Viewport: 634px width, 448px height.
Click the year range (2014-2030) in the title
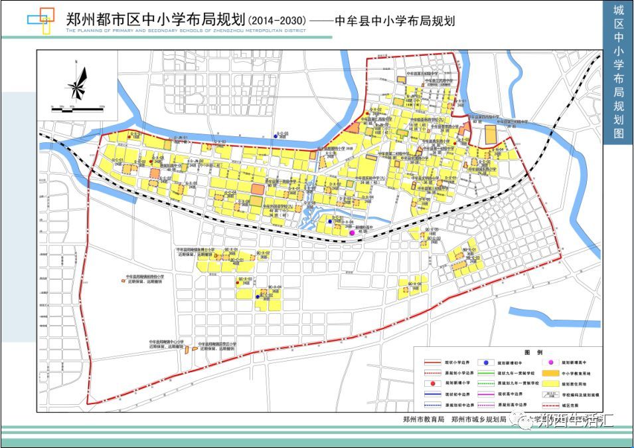(274, 20)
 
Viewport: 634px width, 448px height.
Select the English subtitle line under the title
(186, 31)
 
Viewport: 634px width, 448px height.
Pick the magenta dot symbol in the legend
(549, 363)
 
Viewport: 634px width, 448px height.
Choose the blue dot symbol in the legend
(487, 363)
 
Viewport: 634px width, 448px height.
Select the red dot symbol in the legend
(432, 384)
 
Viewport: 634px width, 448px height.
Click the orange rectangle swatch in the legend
(549, 374)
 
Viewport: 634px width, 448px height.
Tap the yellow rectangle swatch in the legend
(549, 384)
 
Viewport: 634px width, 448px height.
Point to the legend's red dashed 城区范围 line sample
(549, 404)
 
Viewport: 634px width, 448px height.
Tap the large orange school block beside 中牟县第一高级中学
(491, 134)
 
